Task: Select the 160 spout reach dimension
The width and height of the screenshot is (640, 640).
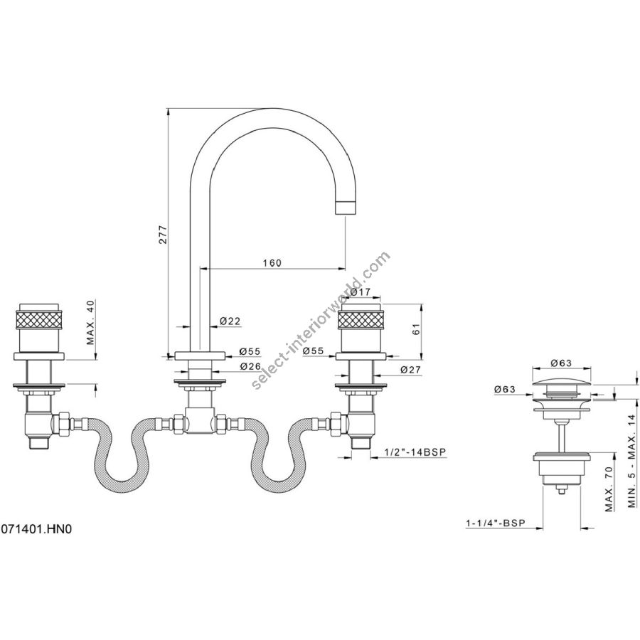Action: tap(272, 262)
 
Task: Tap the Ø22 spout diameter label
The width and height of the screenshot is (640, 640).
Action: tap(230, 321)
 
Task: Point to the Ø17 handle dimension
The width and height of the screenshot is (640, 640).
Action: tap(360, 292)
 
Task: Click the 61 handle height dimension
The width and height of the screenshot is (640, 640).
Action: tap(416, 329)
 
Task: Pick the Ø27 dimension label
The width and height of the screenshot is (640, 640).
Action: tap(410, 369)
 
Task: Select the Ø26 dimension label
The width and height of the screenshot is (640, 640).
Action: tap(250, 366)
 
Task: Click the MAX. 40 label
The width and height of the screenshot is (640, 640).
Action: tap(90, 322)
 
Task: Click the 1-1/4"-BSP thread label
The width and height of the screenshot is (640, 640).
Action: tap(495, 523)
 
